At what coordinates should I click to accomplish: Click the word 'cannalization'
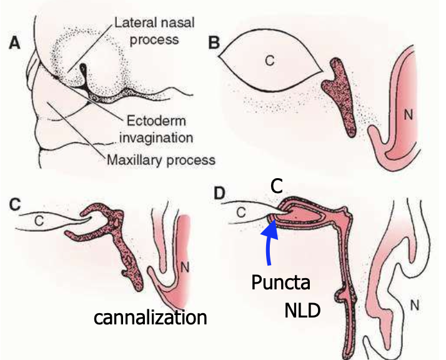click(150, 317)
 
